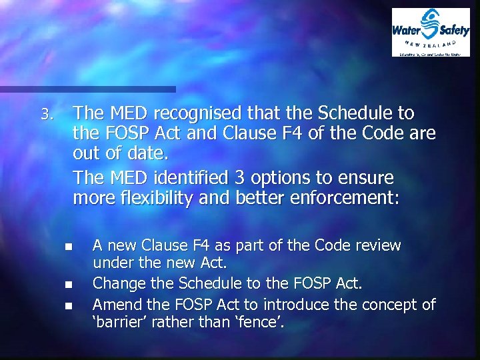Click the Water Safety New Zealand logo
[430, 32]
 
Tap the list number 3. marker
[45, 115]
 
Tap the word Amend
[113, 305]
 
